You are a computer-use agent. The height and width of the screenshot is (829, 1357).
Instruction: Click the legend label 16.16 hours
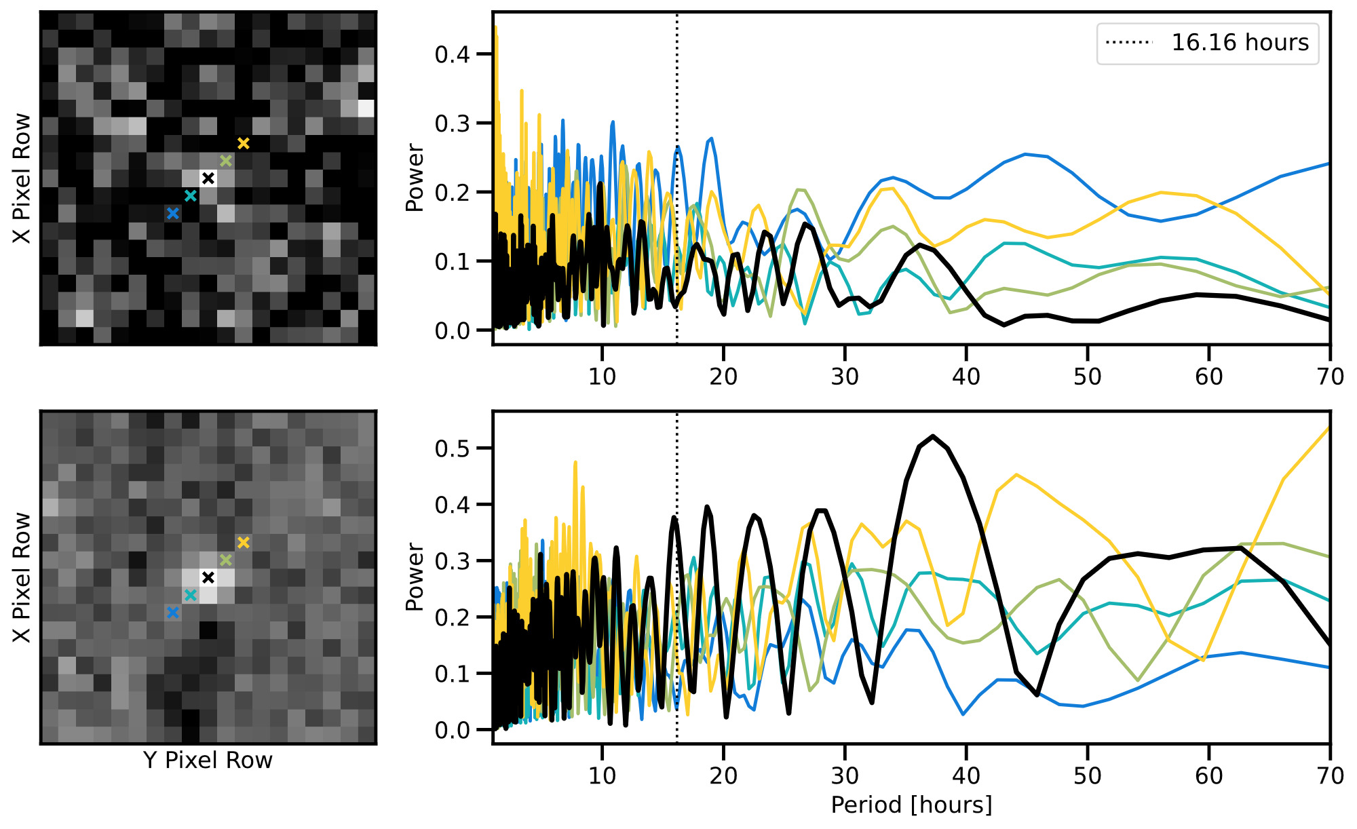click(1240, 43)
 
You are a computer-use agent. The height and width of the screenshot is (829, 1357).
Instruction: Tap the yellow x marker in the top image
click(244, 143)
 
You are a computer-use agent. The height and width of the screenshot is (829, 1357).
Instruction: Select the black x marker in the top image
click(208, 178)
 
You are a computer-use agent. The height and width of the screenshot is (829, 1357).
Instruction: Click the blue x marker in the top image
click(173, 213)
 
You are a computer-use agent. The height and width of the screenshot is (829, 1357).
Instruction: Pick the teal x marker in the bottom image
click(191, 595)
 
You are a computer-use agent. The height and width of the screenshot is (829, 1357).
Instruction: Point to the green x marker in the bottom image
click(226, 560)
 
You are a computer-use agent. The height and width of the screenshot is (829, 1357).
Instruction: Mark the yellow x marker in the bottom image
click(244, 542)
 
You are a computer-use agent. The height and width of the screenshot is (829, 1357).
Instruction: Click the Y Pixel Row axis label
click(208, 760)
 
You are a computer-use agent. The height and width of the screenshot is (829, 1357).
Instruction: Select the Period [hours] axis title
click(911, 805)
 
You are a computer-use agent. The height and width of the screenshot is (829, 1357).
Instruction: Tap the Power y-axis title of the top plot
click(415, 178)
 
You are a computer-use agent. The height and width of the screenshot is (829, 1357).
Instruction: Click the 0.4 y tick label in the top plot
click(452, 54)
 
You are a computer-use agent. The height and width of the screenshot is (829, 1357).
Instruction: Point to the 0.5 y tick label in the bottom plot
click(452, 448)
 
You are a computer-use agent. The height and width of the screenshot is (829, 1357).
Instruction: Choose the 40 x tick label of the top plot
click(966, 377)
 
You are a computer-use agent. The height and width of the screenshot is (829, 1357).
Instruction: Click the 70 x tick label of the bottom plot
click(1330, 775)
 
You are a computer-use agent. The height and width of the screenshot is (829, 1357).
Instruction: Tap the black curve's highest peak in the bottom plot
click(934, 436)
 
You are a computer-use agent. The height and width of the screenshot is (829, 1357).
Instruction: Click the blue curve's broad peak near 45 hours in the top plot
click(1026, 154)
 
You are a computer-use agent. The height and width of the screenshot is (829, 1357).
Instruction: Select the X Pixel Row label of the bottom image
click(22, 577)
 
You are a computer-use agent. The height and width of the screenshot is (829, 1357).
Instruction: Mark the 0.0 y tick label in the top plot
click(452, 331)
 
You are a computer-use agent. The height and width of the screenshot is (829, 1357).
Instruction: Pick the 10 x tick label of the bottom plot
click(602, 775)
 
